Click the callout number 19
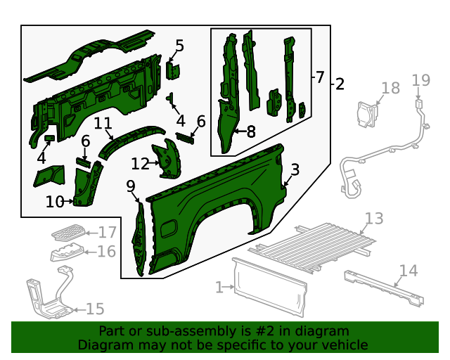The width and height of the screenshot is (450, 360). click(420, 80)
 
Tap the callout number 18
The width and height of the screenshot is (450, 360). click(390, 88)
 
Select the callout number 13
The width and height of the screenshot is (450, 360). click(374, 219)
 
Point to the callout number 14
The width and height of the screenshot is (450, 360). click(408, 271)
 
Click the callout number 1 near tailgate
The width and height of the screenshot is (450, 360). click(219, 287)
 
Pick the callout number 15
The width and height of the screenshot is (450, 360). click(94, 309)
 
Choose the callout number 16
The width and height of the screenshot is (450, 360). click(106, 252)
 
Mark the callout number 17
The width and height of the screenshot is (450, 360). click(107, 232)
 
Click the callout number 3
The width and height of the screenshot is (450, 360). click(295, 169)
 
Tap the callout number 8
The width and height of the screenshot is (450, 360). click(250, 130)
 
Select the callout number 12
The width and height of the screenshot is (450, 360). click(140, 164)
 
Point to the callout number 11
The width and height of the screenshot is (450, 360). click(103, 124)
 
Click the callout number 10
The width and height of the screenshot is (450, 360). click(54, 202)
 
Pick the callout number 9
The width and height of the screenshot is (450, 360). click(131, 186)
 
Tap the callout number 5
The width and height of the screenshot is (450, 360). click(179, 46)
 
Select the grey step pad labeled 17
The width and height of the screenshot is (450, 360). click(68, 231)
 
